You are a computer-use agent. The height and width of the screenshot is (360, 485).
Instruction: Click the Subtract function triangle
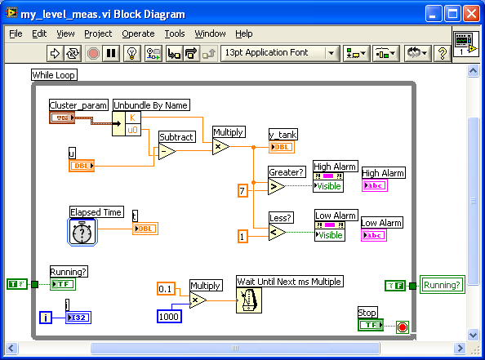click(x=167, y=152)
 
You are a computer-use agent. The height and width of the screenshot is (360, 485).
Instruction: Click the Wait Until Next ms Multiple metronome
click(x=249, y=300)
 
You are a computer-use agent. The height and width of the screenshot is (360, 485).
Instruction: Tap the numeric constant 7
click(x=242, y=190)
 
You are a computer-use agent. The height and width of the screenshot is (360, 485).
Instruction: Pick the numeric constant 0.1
click(x=166, y=289)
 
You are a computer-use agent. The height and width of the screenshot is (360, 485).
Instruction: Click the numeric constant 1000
click(x=170, y=316)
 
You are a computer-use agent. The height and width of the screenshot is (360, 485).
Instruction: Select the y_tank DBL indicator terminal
click(x=282, y=147)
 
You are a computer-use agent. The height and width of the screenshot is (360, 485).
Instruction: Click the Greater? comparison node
click(x=276, y=187)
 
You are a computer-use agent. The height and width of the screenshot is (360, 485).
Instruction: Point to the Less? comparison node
click(x=276, y=233)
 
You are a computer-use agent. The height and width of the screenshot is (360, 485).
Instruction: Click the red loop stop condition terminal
click(x=401, y=328)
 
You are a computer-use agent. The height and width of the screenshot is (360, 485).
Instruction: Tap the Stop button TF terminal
click(x=371, y=325)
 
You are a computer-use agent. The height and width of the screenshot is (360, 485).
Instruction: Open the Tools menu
click(x=175, y=33)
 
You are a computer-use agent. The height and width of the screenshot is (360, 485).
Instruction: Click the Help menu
click(x=243, y=33)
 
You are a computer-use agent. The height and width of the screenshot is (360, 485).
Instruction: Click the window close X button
click(x=471, y=14)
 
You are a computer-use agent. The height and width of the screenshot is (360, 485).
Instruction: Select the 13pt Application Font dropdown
click(x=279, y=53)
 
